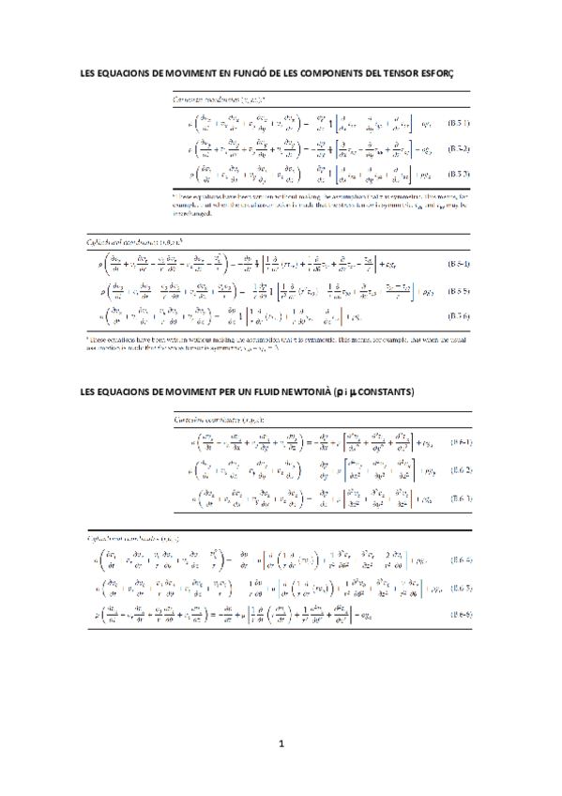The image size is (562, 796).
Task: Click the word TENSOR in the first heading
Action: click(x=427, y=73)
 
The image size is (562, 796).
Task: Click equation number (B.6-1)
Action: click(x=459, y=442)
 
